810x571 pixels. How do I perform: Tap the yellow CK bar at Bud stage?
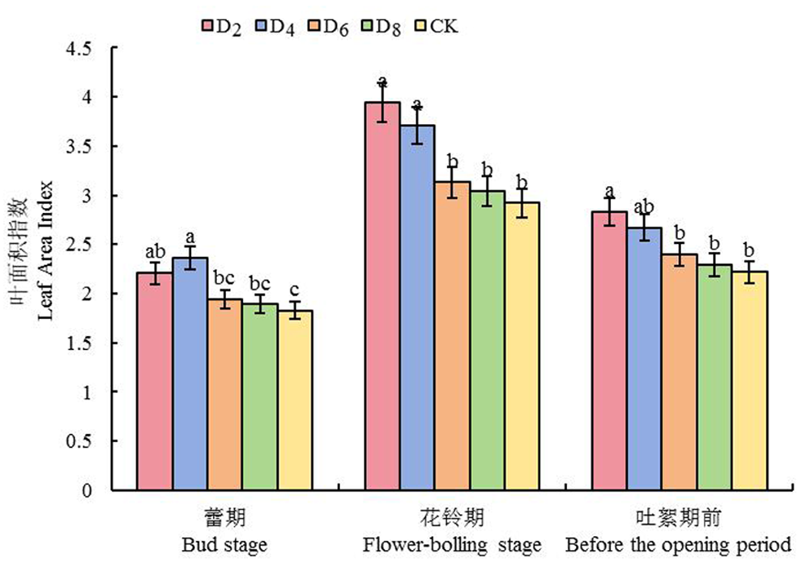296,400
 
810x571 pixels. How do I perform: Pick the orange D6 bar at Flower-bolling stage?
452,335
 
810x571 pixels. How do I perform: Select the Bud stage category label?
225,545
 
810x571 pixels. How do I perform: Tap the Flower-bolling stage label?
451,545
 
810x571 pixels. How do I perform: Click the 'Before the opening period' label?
677,545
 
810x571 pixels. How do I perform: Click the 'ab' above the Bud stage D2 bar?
155,252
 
